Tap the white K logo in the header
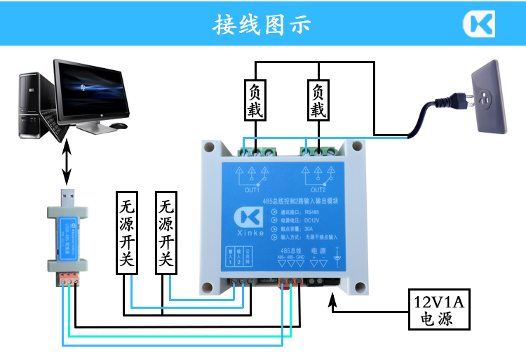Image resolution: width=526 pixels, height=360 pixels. (478, 24)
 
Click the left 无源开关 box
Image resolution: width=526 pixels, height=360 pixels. (127, 233)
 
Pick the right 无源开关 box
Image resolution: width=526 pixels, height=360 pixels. (166, 233)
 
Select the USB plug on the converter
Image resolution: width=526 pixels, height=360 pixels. (67, 196)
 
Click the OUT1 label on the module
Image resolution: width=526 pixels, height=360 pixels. (252, 190)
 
